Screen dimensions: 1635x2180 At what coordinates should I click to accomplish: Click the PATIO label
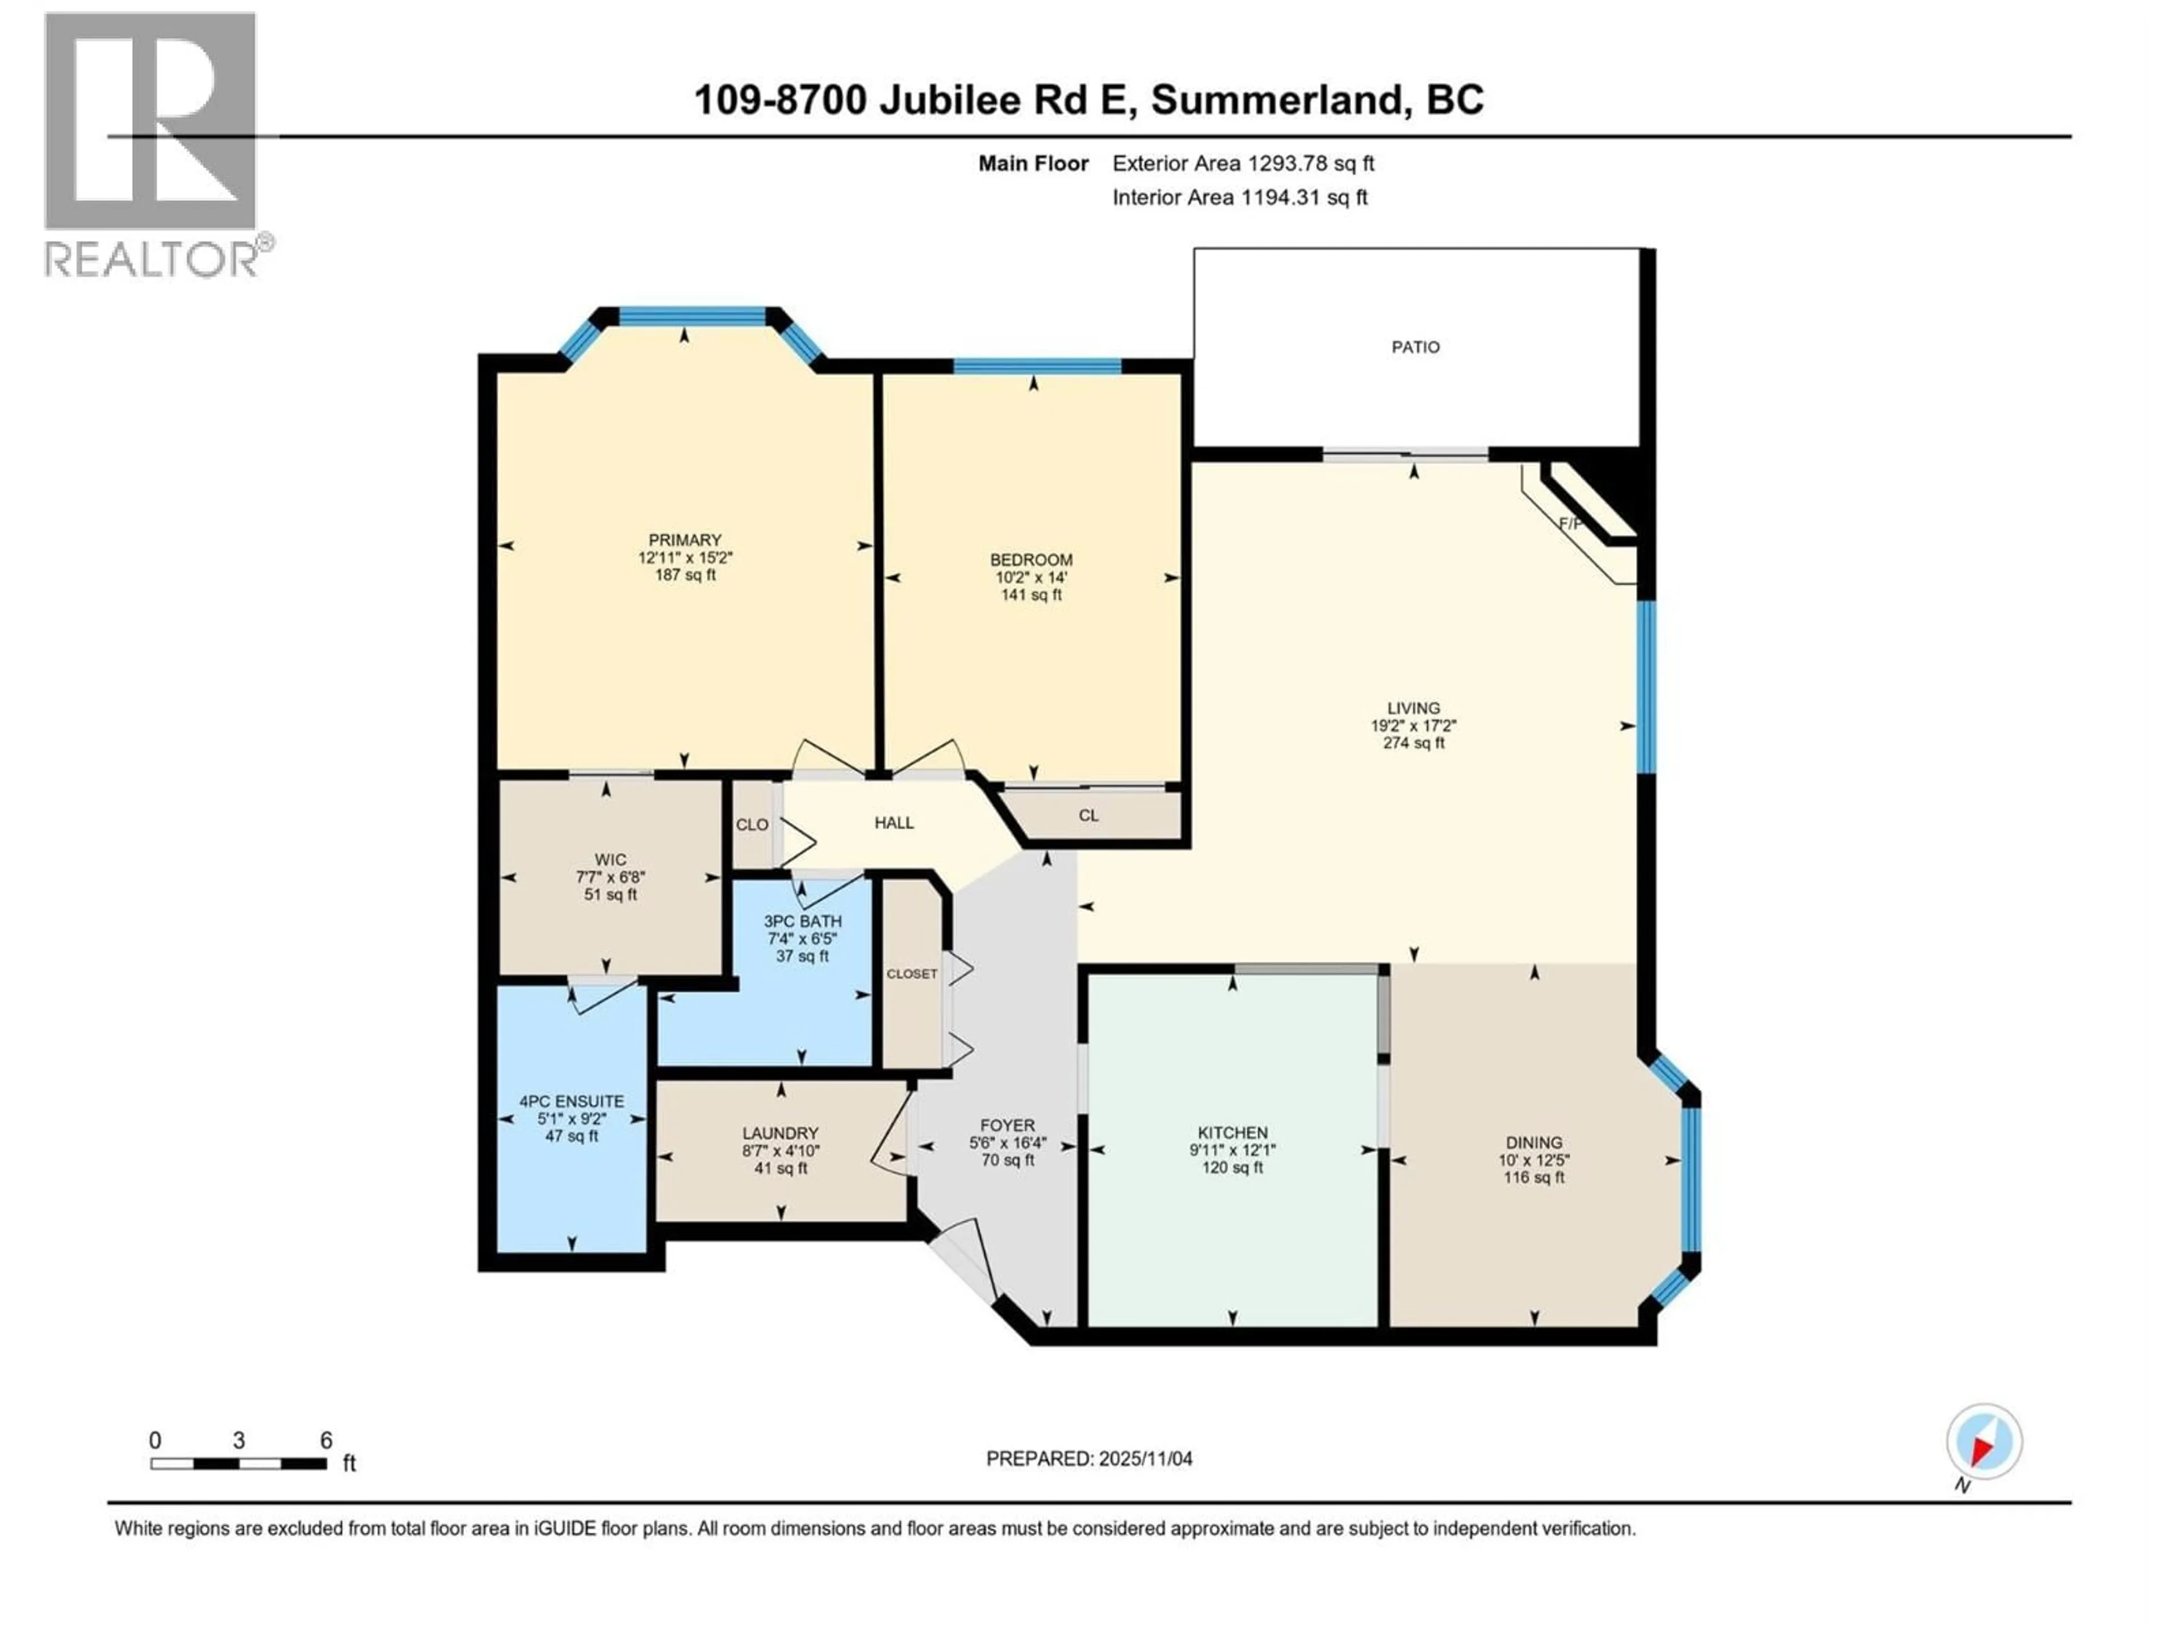coord(1415,347)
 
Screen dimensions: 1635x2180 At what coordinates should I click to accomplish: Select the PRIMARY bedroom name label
coord(685,540)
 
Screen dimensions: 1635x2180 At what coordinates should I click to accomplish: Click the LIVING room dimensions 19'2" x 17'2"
coord(1413,726)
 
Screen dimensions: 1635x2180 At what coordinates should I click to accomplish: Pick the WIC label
coord(610,860)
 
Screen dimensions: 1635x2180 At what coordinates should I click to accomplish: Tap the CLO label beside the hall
coord(752,825)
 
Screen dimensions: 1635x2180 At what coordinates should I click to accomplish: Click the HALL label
coord(894,823)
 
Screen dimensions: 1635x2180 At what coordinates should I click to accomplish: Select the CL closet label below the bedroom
coord(1088,816)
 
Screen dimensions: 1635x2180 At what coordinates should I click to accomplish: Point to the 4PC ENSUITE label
coord(572,1102)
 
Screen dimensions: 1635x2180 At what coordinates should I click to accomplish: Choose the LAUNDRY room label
coord(781,1133)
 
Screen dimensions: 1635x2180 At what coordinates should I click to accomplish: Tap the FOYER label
coord(1007,1125)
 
